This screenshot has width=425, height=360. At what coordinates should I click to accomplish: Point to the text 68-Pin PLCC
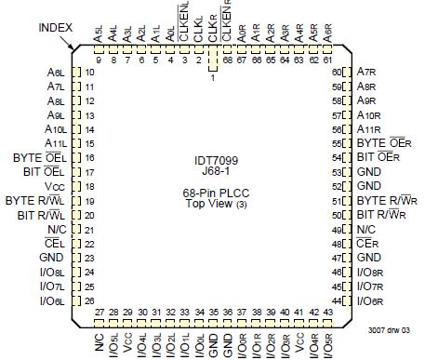coord(212,192)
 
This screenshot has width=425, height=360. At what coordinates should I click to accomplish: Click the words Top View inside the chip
coord(207,204)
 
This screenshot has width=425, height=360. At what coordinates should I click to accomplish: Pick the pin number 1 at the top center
coord(213,78)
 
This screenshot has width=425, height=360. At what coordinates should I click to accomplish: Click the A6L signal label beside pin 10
coord(56,72)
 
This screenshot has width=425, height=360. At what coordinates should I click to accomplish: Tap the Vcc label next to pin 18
coord(60,186)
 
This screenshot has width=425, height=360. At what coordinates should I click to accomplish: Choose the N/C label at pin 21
coord(58,230)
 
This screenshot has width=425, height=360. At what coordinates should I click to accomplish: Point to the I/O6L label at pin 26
coord(53,301)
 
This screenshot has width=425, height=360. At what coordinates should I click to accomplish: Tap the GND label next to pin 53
coord(370,172)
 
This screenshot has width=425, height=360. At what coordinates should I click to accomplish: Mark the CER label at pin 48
coord(369,244)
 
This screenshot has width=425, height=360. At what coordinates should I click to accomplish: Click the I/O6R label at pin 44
coord(372,301)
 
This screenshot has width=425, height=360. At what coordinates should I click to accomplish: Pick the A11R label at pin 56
coord(370,129)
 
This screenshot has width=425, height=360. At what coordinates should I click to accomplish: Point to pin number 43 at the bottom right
coord(330,312)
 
